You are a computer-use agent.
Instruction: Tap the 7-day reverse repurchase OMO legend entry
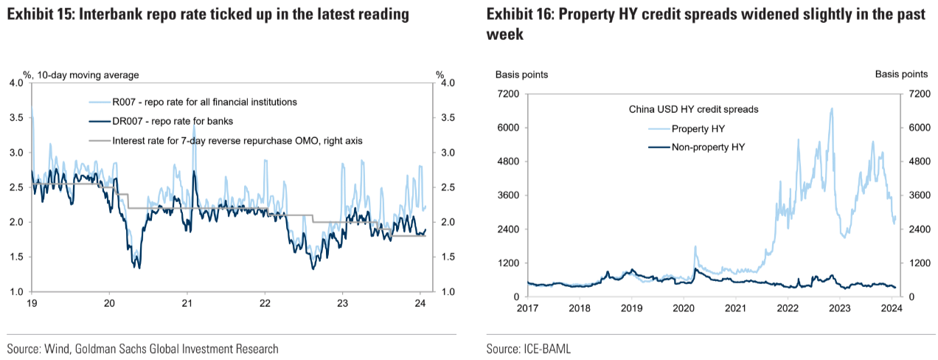(x=237, y=139)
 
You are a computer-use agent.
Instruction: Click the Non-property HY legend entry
(x=708, y=147)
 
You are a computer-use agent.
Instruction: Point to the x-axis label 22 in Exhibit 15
(x=265, y=302)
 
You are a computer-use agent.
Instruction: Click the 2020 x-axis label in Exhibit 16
(x=682, y=308)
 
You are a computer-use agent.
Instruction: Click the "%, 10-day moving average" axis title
(x=81, y=75)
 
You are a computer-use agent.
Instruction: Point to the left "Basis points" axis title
(x=521, y=75)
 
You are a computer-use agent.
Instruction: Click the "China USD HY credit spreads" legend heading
(x=693, y=109)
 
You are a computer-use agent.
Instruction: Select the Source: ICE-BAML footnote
(x=528, y=349)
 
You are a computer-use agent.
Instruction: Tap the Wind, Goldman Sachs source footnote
(x=143, y=349)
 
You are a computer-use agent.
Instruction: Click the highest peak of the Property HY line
(x=832, y=108)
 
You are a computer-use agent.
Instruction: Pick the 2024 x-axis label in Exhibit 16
(x=890, y=308)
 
